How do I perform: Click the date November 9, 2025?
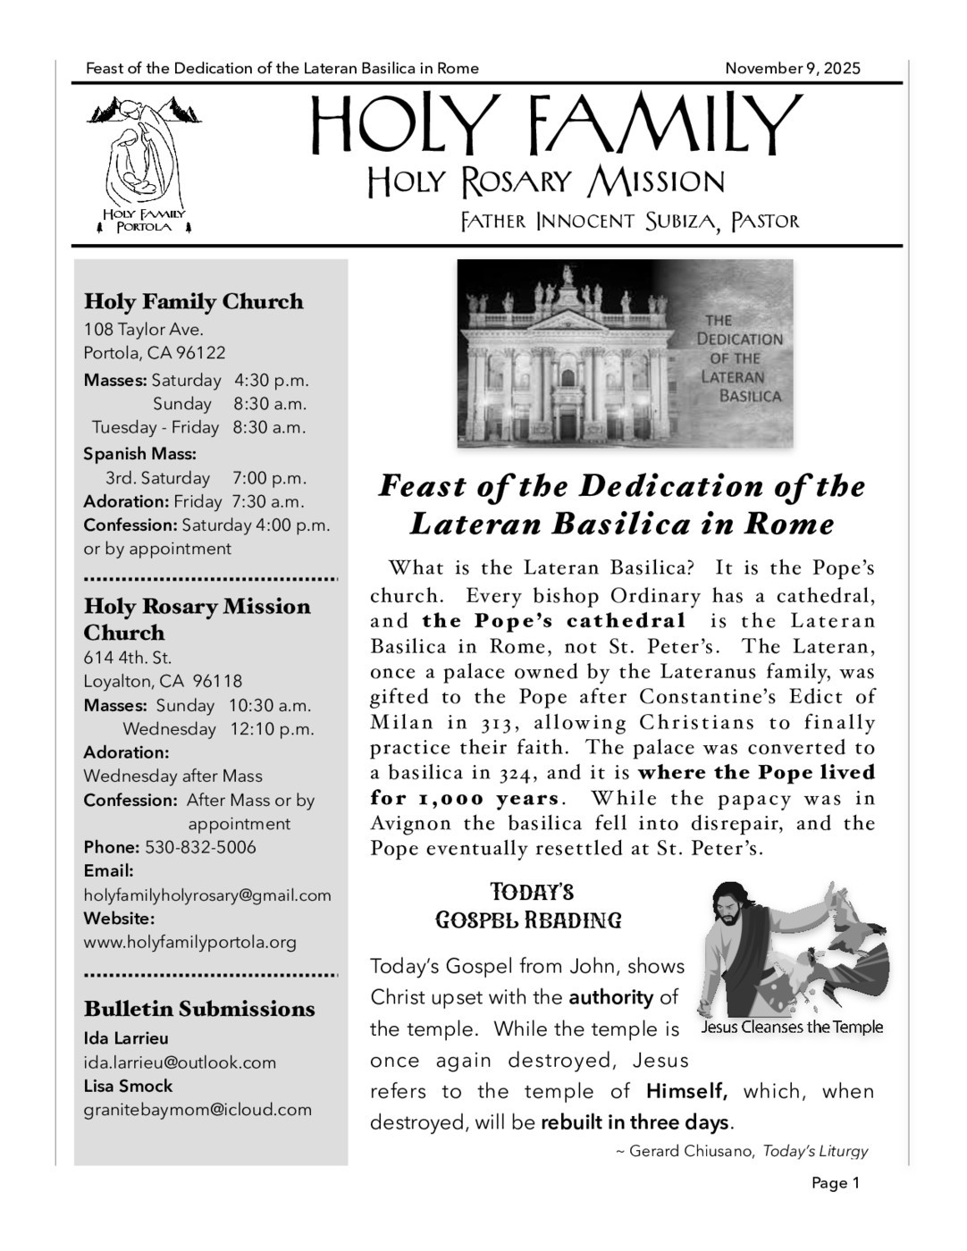click(792, 69)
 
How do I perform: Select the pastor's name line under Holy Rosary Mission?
click(629, 221)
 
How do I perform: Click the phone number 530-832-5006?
click(200, 847)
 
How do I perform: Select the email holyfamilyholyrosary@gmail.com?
click(207, 895)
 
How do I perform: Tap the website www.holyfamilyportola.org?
click(190, 942)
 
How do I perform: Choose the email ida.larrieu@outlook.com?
click(180, 1062)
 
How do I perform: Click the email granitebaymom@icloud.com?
click(198, 1110)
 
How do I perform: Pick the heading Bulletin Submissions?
click(199, 1009)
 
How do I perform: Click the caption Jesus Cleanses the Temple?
click(792, 1028)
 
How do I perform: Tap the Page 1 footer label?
click(836, 1184)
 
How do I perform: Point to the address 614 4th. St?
click(128, 658)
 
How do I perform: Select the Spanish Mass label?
click(139, 454)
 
